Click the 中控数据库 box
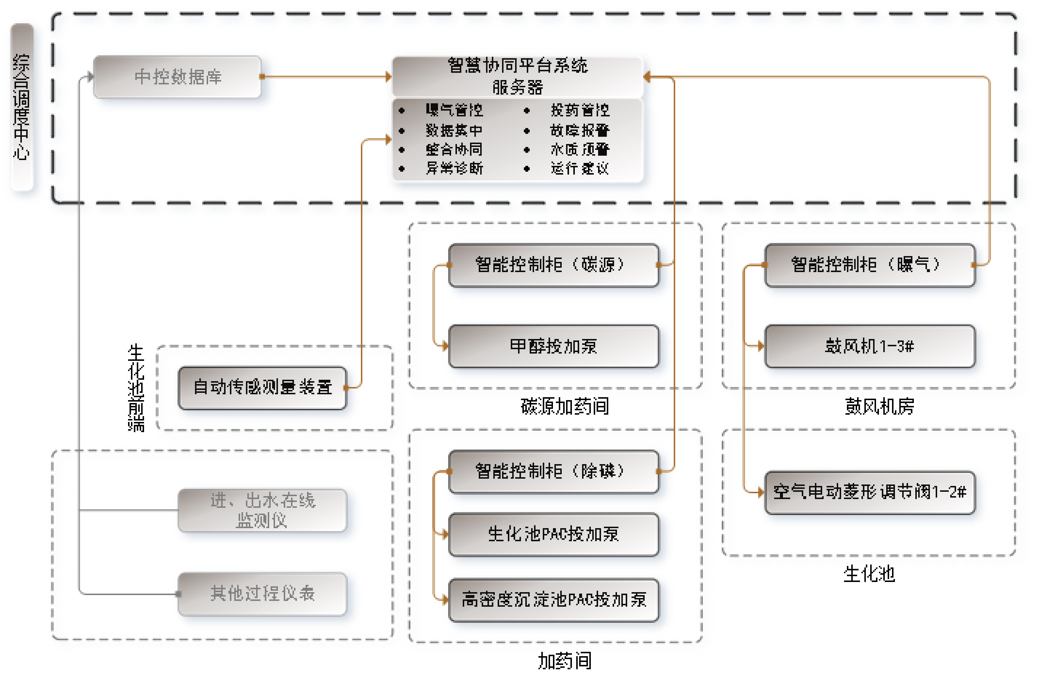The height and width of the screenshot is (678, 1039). click(177, 77)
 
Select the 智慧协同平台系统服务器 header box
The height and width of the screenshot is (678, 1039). click(517, 76)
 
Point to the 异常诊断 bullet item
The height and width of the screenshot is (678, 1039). click(454, 168)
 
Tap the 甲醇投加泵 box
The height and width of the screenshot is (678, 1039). click(554, 346)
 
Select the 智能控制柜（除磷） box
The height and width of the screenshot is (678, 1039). click(554, 471)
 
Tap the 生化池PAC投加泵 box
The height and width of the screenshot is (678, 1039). click(554, 534)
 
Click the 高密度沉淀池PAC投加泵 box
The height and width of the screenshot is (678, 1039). click(554, 600)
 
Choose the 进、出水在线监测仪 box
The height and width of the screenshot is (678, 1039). click(262, 510)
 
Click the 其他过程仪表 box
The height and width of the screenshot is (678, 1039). click(262, 594)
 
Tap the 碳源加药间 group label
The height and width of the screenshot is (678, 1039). click(565, 406)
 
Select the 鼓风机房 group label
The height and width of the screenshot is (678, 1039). click(879, 406)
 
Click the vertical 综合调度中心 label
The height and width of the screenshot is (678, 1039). click(21, 107)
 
